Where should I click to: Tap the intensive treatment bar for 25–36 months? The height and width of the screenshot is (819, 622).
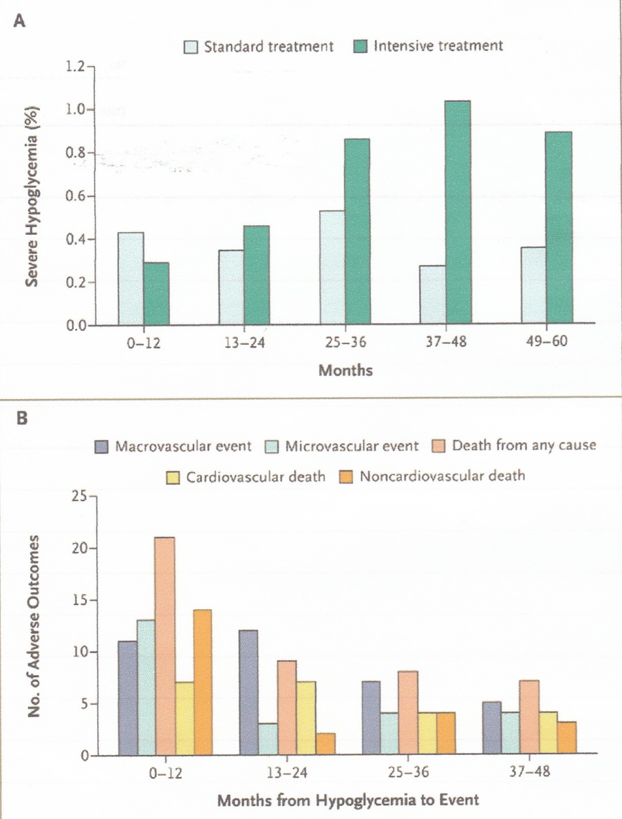356,232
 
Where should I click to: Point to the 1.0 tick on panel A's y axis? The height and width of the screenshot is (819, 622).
81,109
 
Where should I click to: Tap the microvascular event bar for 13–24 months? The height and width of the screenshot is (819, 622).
268,739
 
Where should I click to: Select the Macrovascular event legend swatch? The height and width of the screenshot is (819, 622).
103,446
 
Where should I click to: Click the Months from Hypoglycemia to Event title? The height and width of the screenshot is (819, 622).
347,800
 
